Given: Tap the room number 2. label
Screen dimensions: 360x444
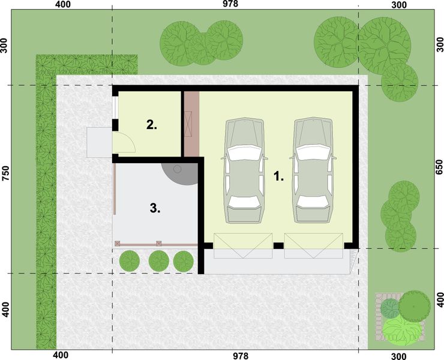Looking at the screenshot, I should pyautogui.click(x=152, y=125).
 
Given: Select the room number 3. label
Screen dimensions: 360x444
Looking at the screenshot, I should pyautogui.click(x=154, y=208).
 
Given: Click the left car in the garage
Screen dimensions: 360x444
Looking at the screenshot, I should pyautogui.click(x=244, y=171).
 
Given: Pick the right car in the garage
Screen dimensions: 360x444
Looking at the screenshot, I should pyautogui.click(x=313, y=171).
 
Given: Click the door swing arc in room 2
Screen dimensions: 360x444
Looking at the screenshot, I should pyautogui.click(x=125, y=142).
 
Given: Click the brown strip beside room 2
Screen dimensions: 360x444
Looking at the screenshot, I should pyautogui.click(x=191, y=124).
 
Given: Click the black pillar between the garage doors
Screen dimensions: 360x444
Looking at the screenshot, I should pyautogui.click(x=278, y=245).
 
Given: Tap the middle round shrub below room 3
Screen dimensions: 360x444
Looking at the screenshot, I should pyautogui.click(x=158, y=261).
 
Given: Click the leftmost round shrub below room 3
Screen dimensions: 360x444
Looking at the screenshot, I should pyautogui.click(x=129, y=261).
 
